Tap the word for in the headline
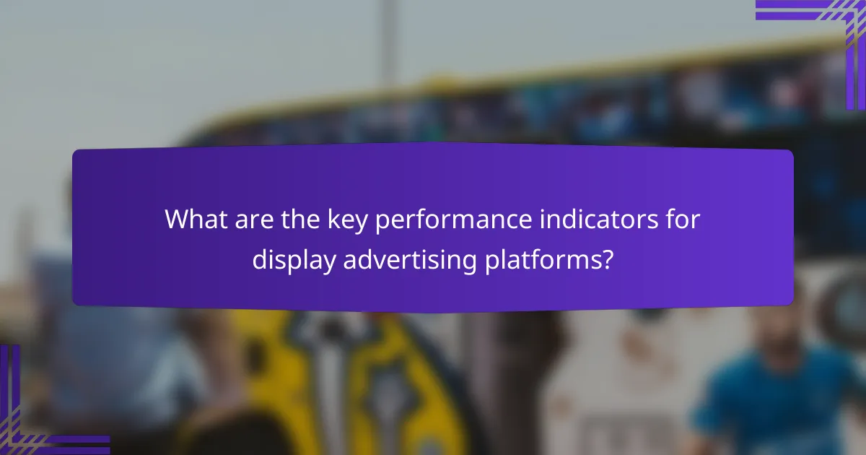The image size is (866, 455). [x=681, y=220]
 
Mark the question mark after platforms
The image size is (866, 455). [x=608, y=259]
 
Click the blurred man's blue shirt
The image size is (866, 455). [x=765, y=404]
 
